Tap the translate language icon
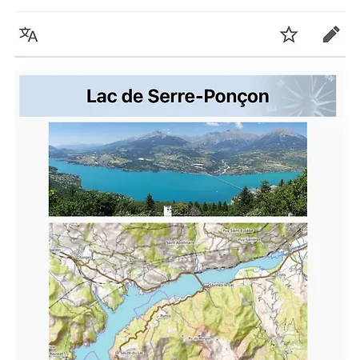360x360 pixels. [29, 34]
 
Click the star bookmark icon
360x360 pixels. [289, 34]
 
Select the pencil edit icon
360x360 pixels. [331, 34]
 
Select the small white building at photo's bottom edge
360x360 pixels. [168, 210]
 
